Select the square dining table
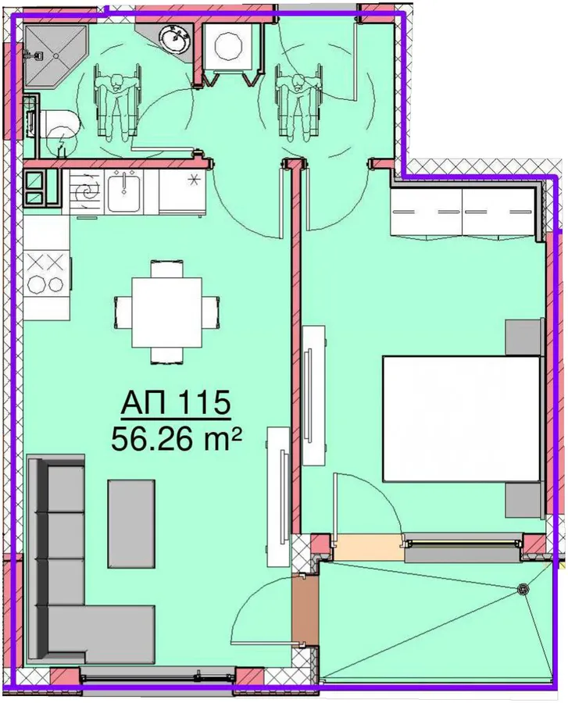pos(166,312)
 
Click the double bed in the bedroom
pos(461,419)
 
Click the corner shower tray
pos(55,56)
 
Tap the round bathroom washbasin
pos(175,38)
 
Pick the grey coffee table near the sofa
pos(131,523)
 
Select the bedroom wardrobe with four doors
pos(463,212)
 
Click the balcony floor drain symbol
pos(522,589)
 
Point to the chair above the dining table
pos(166,268)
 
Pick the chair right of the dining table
pos(211,312)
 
